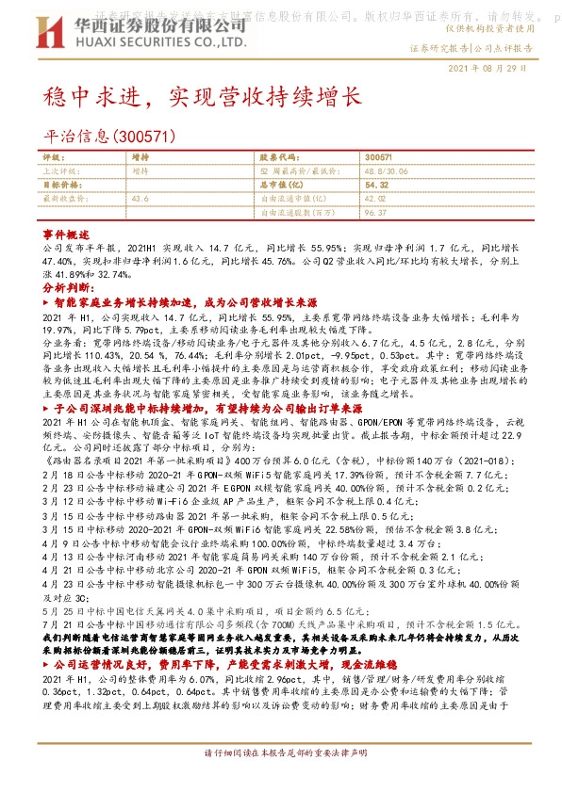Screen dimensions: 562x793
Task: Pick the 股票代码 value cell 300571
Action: pyautogui.click(x=377, y=158)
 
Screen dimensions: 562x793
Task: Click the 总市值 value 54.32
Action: pyautogui.click(x=376, y=186)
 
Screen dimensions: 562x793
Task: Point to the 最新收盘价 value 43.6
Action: pyautogui.click(x=140, y=200)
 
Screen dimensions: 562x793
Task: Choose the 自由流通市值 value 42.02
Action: pyautogui.click(x=375, y=200)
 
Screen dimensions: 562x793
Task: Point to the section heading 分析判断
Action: pyautogui.click(x=68, y=285)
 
